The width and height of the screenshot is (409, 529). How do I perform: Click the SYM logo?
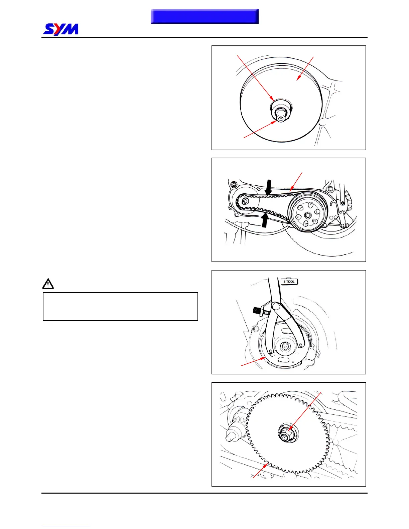coord(61,29)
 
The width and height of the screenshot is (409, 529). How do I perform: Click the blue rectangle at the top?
coord(204,16)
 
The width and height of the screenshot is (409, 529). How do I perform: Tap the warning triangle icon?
coord(48,284)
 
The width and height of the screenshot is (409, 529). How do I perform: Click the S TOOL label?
coord(289,281)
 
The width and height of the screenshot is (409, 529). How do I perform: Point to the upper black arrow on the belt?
coord(269,187)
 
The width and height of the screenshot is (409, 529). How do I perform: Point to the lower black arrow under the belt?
coord(265,220)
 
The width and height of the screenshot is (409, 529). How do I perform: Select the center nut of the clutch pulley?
coord(306,215)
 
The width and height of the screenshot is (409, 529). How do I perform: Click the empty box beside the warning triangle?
coord(120,307)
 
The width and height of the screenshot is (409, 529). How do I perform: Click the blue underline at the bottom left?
coord(66,526)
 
